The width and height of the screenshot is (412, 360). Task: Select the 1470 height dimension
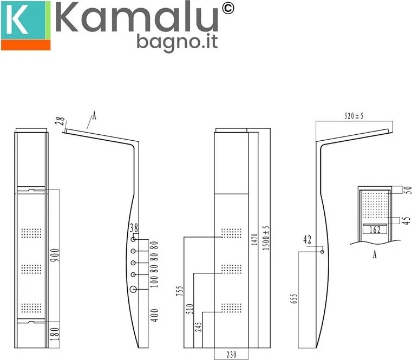pyautogui.click(x=254, y=237)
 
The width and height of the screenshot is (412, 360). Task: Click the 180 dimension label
pyautogui.click(x=55, y=333)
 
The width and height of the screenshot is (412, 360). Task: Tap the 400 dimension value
pyautogui.click(x=155, y=315)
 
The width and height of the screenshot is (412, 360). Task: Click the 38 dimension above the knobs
pyautogui.click(x=133, y=228)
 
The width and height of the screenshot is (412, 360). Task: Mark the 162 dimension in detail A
pyautogui.click(x=374, y=230)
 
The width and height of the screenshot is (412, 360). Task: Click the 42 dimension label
pyautogui.click(x=308, y=238)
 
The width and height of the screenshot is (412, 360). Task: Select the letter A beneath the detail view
pyautogui.click(x=374, y=256)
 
